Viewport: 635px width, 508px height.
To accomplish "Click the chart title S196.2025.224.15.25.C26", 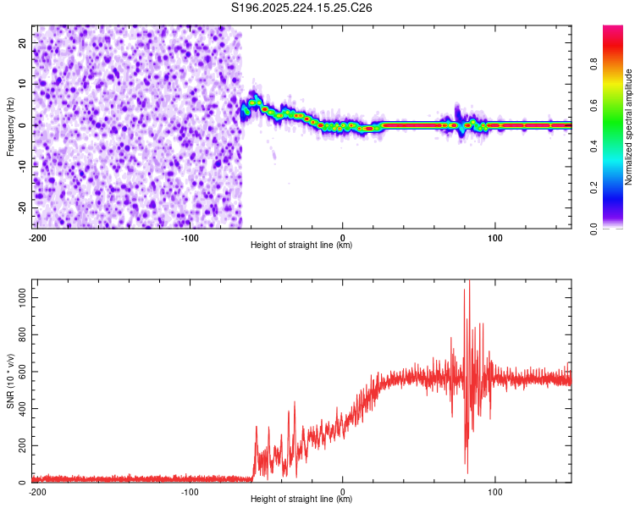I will coord(302,8).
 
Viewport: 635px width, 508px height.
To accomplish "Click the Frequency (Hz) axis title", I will coord(10,124).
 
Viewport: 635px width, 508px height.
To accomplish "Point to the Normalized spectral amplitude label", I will coord(628,127).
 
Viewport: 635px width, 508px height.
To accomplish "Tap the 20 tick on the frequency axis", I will coord(24,42).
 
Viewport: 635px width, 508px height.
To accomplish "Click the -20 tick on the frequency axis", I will coord(22,207).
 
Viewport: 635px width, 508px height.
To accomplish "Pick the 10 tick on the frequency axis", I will coord(24,84).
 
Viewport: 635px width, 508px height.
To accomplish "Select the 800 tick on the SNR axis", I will coord(20,335).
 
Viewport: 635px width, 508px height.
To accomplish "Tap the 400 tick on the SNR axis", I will coord(20,409).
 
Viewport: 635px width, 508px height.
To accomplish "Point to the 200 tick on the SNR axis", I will coord(20,445).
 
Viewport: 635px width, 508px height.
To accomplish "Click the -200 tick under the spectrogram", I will coord(36,236).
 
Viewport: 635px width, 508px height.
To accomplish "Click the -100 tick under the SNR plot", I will coord(190,490).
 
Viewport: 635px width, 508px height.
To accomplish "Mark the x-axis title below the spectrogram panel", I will coord(301,246).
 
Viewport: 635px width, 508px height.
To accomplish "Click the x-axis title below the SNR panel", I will coord(301,500).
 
